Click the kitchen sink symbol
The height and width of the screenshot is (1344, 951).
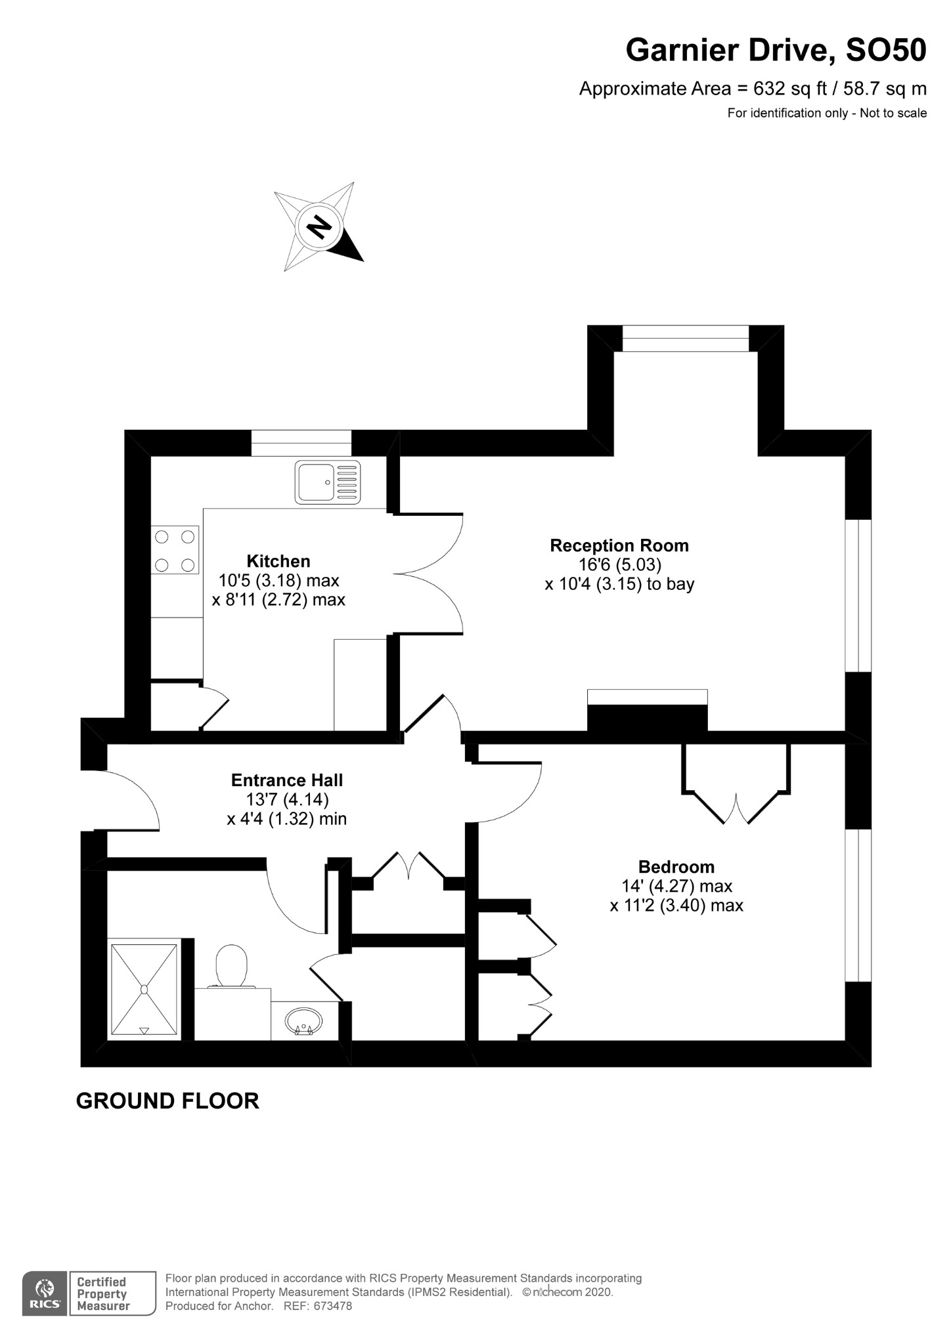[328, 482]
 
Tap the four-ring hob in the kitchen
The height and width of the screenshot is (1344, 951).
[175, 550]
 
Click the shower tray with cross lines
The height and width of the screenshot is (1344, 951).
[144, 990]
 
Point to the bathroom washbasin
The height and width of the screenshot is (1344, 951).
[303, 1021]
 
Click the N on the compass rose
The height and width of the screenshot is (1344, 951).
[320, 226]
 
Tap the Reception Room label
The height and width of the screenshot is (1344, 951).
[619, 545]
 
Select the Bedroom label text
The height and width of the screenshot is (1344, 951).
[676, 866]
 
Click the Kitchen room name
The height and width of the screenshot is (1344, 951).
[278, 561]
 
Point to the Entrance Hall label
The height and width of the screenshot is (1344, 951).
[287, 780]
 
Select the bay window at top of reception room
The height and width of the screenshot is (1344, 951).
[685, 339]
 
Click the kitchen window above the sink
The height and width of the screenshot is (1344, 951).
[301, 443]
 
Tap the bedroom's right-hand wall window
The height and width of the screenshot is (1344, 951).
[858, 906]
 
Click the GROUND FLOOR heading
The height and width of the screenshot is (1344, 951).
[167, 1101]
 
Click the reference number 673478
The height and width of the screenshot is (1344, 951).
[332, 1306]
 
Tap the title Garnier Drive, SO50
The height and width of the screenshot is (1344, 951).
[776, 51]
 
